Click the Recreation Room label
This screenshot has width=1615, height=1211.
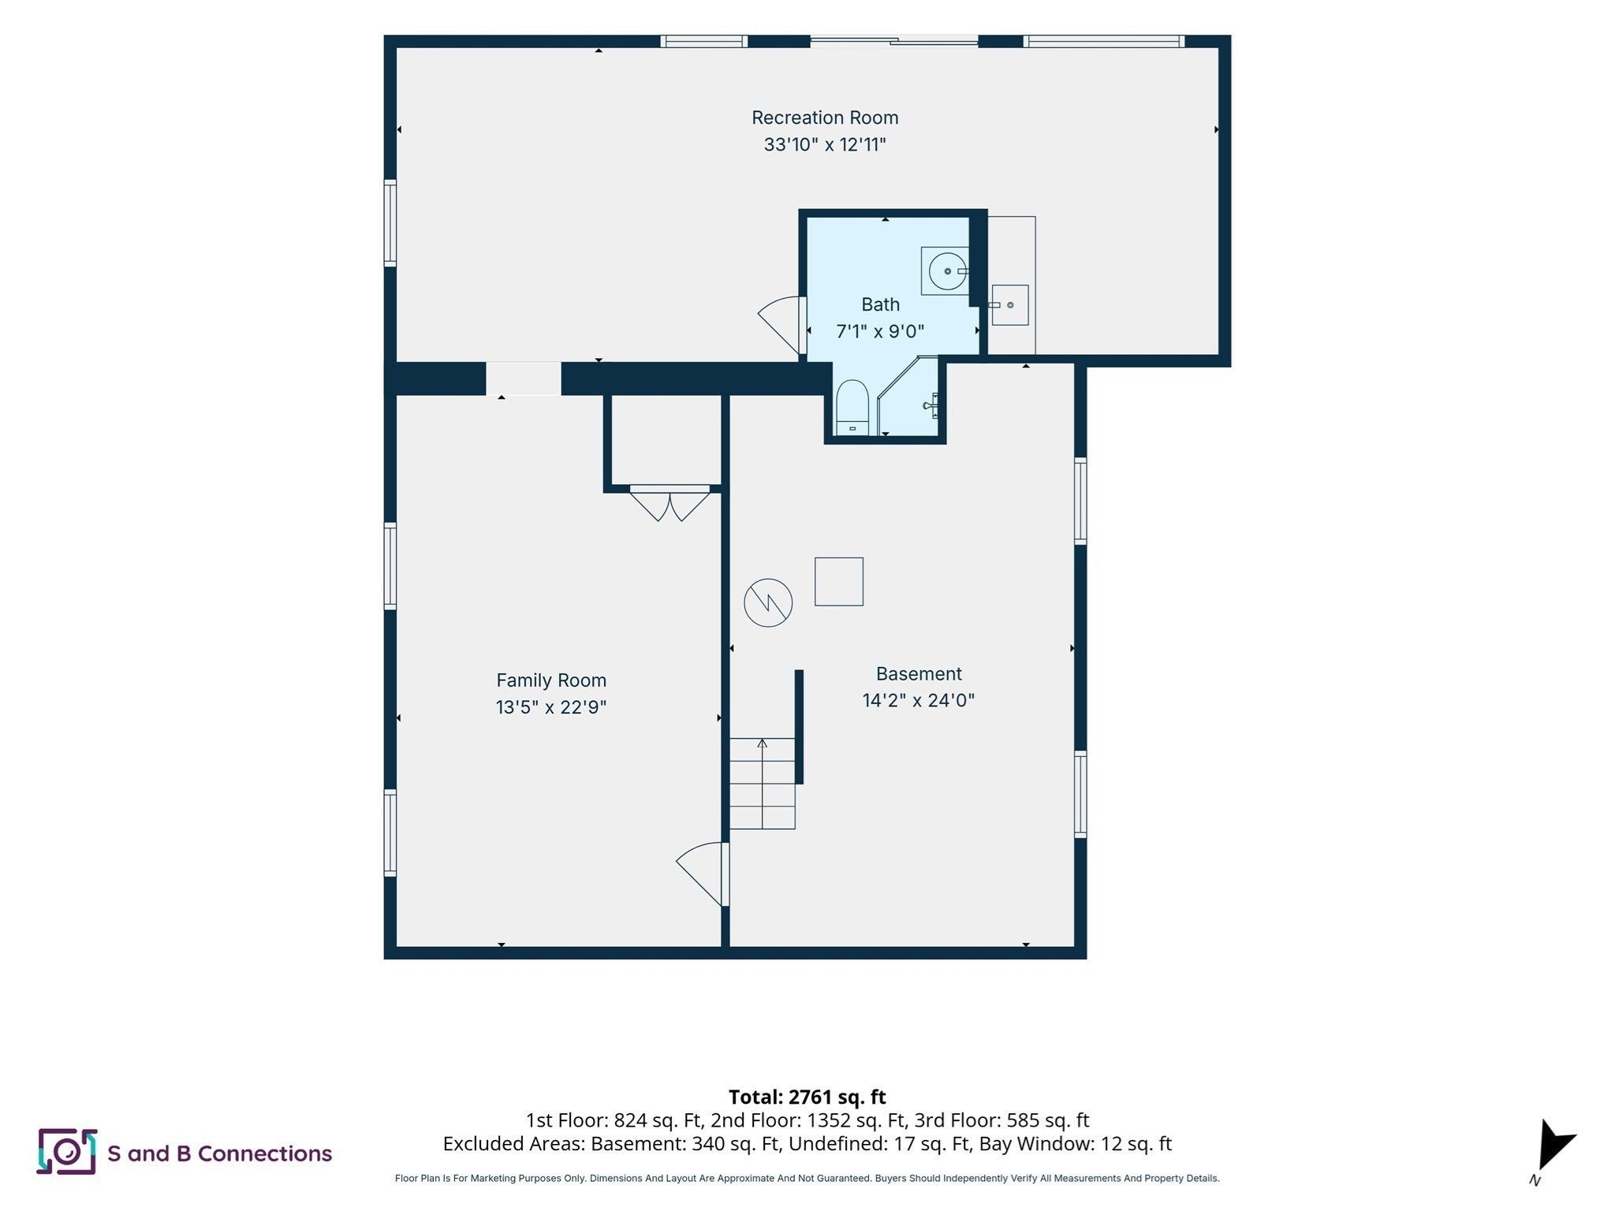pos(825,117)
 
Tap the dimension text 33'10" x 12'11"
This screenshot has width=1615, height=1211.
pos(825,144)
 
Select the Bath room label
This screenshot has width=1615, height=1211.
pos(880,304)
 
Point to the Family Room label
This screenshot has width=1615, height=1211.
pos(551,680)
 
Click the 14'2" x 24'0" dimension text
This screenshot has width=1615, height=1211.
pos(919,700)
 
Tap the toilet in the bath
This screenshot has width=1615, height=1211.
pos(852,407)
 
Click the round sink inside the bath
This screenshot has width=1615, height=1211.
pos(945,271)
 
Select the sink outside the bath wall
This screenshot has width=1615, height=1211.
pos(1009,305)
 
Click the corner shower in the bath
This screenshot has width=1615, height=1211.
pos(908,396)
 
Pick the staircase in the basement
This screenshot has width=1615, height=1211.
pos(762,784)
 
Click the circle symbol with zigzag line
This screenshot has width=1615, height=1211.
pos(768,603)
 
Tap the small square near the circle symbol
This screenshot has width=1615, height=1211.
pos(839,582)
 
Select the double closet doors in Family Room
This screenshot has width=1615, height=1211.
pos(669,503)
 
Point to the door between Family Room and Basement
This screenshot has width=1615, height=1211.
pos(703,874)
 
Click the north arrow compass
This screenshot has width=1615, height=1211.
pos(1553,1147)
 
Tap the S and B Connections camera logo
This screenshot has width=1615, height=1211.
pos(67,1152)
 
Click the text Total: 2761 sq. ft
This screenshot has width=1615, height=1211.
pos(807,1097)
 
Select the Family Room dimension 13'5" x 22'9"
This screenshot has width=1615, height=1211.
pos(551,707)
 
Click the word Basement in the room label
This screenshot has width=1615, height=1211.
pos(919,674)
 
